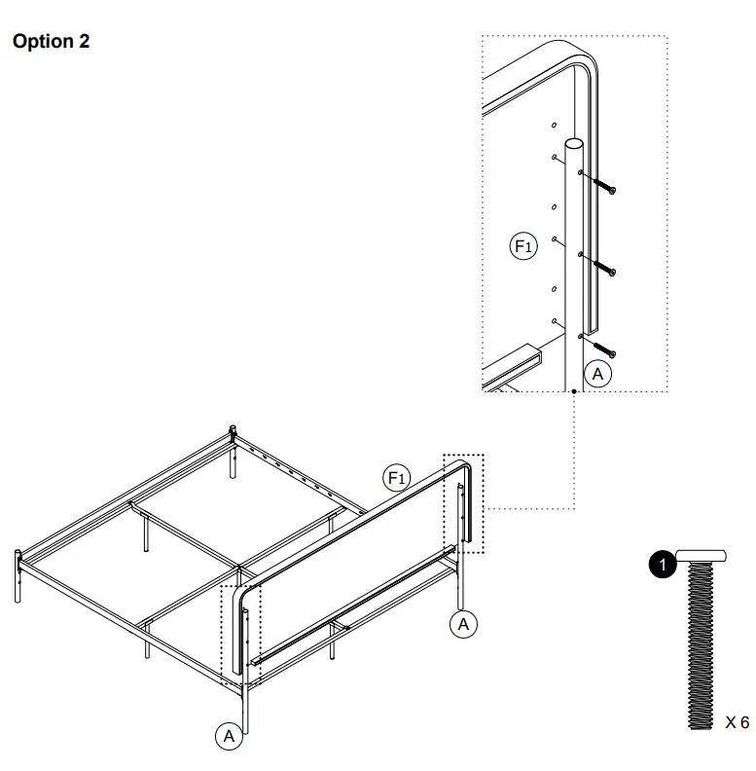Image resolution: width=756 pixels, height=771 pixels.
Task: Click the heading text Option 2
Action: click(x=50, y=42)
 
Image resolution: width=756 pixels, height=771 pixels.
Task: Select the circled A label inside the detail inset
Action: click(x=597, y=374)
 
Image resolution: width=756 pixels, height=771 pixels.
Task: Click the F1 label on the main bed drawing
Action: click(x=397, y=477)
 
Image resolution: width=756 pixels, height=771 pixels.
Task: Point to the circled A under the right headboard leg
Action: click(x=464, y=624)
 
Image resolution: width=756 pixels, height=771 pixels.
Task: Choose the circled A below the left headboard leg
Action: click(x=229, y=736)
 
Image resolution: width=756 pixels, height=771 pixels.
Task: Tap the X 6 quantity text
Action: click(x=737, y=722)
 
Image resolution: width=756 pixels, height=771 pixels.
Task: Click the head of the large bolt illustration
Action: click(x=702, y=555)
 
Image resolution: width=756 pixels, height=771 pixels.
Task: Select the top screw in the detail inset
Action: click(x=603, y=186)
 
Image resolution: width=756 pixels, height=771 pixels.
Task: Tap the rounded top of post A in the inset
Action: click(x=574, y=144)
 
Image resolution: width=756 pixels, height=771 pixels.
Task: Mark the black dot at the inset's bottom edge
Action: click(x=575, y=391)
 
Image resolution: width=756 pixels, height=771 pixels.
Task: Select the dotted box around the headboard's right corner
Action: click(x=463, y=503)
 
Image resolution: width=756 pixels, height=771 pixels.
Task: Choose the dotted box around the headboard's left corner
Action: click(x=241, y=635)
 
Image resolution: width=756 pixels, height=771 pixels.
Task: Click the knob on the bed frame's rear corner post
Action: click(x=234, y=429)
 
